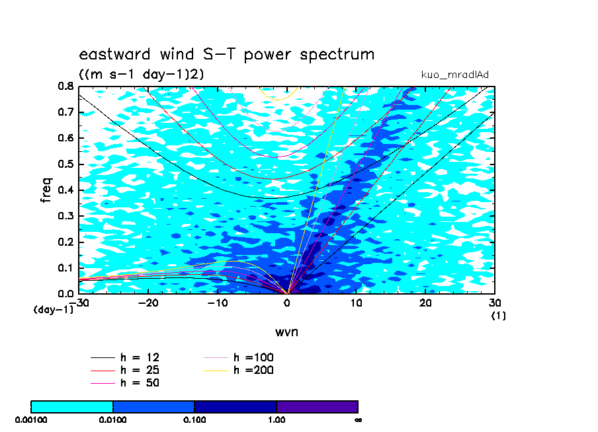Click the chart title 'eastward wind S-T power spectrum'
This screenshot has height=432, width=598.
226,54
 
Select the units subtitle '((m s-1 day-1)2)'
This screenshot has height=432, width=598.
141,73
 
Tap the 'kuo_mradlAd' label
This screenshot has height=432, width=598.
454,75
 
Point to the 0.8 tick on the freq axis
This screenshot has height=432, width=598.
65,87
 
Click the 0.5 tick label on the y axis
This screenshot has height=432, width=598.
65,164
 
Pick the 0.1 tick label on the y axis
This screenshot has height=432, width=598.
65,268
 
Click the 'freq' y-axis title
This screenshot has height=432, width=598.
46,190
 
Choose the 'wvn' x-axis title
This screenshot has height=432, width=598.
286,332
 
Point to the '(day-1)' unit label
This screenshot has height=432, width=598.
54,309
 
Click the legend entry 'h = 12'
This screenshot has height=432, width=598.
125,357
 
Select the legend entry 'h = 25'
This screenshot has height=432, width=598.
125,370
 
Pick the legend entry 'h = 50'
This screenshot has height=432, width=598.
125,382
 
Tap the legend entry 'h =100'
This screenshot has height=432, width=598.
238,357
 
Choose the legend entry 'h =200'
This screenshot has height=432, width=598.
238,370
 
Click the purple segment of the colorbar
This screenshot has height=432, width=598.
318,407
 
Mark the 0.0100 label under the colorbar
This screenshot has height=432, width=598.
112,420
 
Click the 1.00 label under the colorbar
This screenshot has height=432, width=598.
277,420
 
